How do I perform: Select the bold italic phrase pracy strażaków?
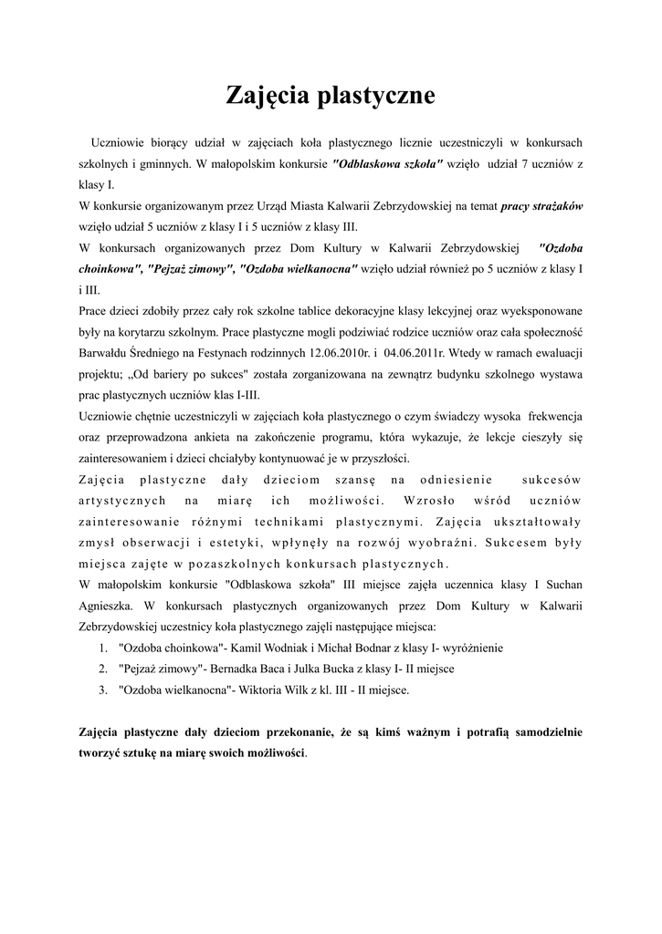point(542,205)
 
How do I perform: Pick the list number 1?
point(102,648)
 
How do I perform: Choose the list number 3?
point(102,690)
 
